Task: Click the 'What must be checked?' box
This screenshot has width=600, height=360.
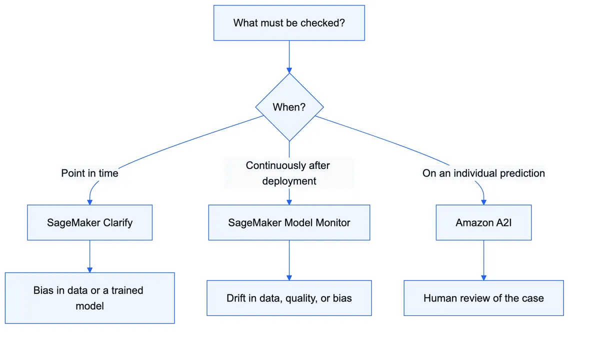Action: [289, 23]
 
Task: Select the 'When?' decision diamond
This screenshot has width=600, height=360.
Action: [289, 107]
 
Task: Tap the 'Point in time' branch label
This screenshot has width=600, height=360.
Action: [89, 173]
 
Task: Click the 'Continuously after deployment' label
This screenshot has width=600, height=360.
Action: [289, 173]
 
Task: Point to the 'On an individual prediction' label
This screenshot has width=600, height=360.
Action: [483, 173]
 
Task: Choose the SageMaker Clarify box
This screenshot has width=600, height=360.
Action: [89, 222]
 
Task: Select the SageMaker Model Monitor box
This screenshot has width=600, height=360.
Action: [289, 222]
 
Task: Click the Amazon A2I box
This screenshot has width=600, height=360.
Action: [483, 222]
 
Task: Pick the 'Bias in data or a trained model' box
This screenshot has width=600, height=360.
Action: [89, 298]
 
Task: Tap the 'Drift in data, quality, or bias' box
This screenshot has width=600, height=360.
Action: [289, 298]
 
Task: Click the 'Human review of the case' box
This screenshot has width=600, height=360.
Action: [483, 298]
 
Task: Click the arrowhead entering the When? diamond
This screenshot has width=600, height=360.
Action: [289, 70]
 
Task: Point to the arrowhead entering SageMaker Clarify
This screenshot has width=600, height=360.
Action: [89, 202]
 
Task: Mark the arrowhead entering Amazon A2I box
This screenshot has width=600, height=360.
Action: [483, 202]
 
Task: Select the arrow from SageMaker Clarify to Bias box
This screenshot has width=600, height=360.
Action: [89, 256]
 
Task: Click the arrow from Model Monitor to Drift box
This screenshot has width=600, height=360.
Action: [289, 260]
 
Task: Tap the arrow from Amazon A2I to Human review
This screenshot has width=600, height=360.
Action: [483, 260]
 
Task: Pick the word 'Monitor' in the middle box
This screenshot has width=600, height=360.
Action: [332, 222]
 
